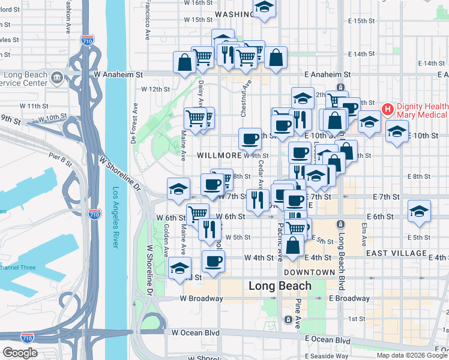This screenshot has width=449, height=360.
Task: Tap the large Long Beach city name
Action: (280, 286)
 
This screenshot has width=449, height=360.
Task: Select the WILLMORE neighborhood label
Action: (219, 155)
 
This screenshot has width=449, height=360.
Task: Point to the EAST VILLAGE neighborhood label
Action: (396, 253)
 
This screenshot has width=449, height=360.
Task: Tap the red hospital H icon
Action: (387, 109)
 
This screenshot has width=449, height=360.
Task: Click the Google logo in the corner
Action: (20, 353)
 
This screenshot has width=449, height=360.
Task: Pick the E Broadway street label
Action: (349, 298)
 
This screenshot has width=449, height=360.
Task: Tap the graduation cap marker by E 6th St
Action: (419, 211)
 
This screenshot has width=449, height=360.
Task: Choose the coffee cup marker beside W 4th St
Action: (213, 261)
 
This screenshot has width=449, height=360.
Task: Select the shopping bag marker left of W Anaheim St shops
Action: (184, 62)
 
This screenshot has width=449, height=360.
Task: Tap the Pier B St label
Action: (61, 161)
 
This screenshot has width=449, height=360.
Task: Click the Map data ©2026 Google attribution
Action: (411, 355)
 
